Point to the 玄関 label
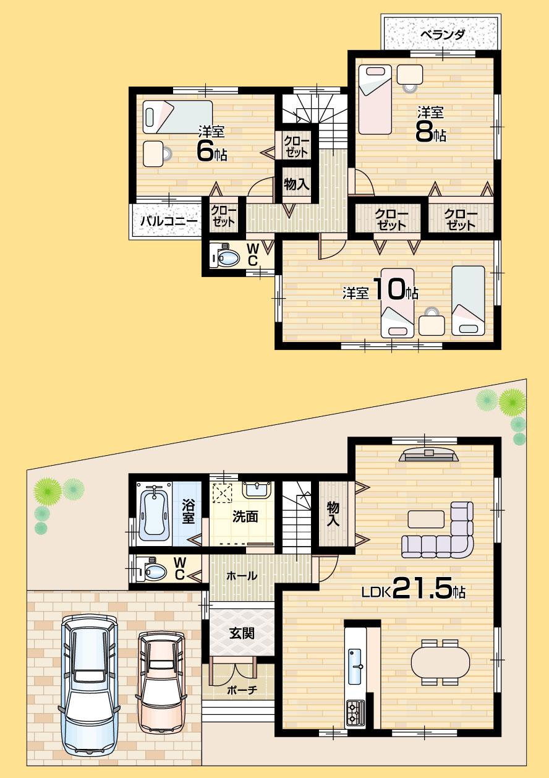tap(242, 633)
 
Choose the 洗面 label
tap(245, 517)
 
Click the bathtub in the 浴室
tap(154, 512)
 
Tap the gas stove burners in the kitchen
tap(355, 712)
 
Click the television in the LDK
tap(428, 456)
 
